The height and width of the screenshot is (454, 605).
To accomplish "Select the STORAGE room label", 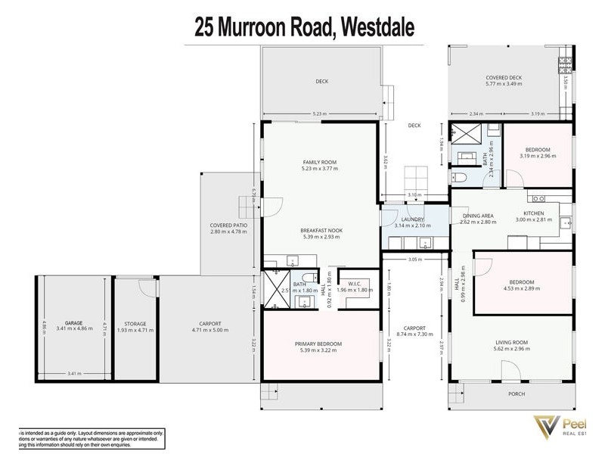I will click(x=135, y=323).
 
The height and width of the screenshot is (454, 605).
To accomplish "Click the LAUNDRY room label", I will click(x=412, y=220).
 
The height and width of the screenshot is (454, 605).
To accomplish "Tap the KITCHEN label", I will click(x=534, y=214).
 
